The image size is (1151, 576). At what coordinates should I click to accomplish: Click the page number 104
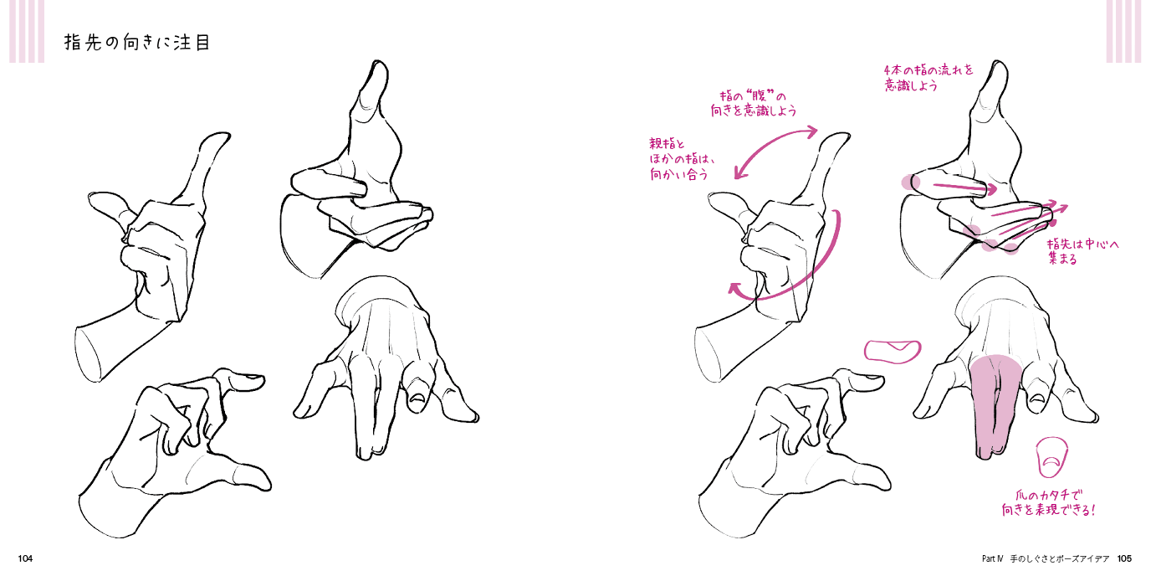25,558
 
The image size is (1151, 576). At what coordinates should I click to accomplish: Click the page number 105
1124,558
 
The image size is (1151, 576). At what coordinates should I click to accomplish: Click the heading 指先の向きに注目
137,42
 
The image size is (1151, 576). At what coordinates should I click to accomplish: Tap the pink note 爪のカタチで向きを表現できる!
1048,503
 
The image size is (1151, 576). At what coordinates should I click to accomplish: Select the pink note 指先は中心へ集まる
1082,251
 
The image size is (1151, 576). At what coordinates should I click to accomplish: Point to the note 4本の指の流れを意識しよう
928,77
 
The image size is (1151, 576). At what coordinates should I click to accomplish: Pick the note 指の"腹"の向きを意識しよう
754,103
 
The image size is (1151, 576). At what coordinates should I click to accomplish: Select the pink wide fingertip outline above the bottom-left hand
893,352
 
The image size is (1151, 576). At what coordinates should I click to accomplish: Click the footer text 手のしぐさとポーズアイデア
1060,558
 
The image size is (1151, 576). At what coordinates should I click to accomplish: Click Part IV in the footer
993,558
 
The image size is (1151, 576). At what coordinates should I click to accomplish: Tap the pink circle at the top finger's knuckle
911,182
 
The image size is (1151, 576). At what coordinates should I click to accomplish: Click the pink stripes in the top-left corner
27,31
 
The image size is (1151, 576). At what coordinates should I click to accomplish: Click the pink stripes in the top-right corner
1123,31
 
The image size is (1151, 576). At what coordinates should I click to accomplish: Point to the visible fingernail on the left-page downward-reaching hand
419,398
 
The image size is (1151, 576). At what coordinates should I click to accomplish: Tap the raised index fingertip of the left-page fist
220,136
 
